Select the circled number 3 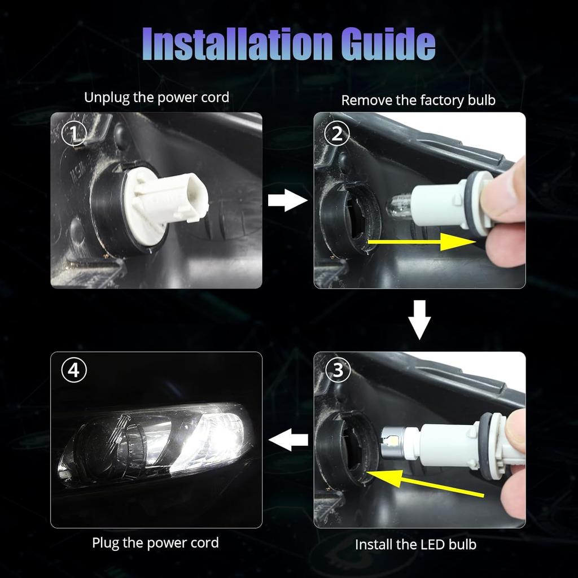click(338, 370)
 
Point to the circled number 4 click(73, 370)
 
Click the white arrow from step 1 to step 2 click(287, 200)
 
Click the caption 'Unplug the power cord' click(156, 97)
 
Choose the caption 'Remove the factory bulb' click(418, 100)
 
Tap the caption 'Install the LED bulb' click(415, 545)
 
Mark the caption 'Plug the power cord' click(155, 543)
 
